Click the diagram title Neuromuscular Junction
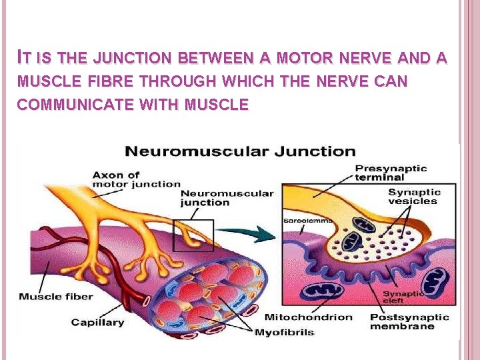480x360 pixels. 241,151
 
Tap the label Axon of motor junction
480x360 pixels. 136,179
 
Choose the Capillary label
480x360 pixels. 97,322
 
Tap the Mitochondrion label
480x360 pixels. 308,317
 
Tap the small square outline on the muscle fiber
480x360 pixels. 193,234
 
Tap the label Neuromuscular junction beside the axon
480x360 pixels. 227,198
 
